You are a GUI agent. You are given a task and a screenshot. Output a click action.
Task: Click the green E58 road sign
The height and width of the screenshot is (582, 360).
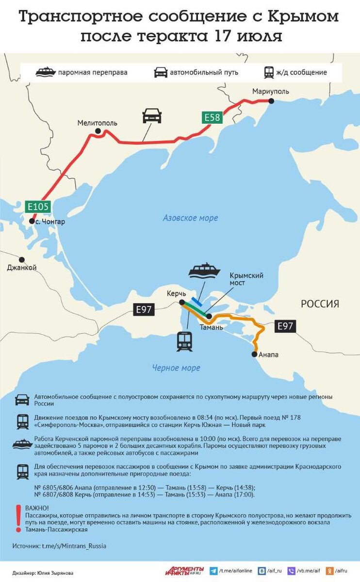click(x=212, y=117)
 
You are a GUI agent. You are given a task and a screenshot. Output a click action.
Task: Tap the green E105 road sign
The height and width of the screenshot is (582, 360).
click(x=37, y=207)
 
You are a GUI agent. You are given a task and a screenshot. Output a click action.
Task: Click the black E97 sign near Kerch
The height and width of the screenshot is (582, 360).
click(x=144, y=309)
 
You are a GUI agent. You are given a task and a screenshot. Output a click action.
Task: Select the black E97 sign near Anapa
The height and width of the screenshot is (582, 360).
click(x=285, y=326)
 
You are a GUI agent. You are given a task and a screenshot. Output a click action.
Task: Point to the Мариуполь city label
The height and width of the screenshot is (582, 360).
click(x=270, y=91)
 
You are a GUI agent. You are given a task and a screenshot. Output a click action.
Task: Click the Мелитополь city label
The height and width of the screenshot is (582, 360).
click(x=97, y=123)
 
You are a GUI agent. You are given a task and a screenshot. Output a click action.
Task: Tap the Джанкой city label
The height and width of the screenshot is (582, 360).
click(x=22, y=268)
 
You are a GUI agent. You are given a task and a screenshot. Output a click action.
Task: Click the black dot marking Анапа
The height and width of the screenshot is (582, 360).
click(x=254, y=355)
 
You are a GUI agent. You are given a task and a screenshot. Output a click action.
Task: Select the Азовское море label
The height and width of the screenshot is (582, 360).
click(x=190, y=218)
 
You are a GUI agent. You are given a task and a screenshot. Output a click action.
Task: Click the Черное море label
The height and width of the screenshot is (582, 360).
click(x=176, y=368)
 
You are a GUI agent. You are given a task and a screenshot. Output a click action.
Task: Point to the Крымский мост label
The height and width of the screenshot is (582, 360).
click(x=246, y=279)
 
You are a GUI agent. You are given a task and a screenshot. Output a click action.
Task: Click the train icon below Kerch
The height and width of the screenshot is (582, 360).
click(x=184, y=341)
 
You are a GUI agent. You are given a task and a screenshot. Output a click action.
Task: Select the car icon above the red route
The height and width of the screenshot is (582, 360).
click(x=152, y=115)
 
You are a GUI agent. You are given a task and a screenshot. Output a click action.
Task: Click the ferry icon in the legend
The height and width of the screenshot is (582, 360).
click(x=46, y=72)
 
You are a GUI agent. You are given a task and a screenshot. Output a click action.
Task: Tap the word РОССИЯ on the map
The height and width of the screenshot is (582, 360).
click(x=320, y=304)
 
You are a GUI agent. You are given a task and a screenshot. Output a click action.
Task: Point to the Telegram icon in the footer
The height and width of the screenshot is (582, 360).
click(x=213, y=571)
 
